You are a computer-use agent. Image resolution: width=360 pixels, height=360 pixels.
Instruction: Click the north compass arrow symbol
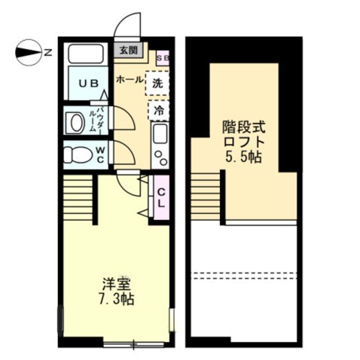27,53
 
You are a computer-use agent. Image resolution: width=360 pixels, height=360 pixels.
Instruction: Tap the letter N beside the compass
47,53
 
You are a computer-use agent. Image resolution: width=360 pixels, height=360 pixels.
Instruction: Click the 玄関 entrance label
127,50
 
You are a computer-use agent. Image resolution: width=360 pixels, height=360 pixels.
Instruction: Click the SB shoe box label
162,56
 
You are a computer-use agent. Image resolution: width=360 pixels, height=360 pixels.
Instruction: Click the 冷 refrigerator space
159,110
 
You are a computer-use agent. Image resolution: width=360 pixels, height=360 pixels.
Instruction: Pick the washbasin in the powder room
76,121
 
